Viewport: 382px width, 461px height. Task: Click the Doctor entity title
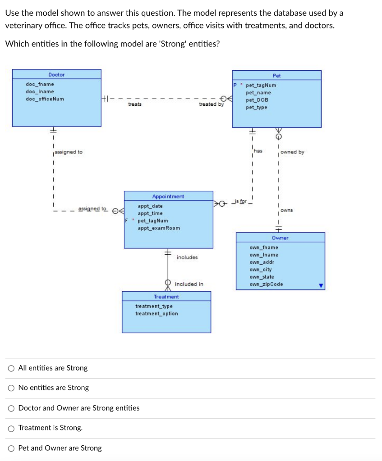click(56, 75)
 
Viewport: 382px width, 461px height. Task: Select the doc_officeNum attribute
click(45, 99)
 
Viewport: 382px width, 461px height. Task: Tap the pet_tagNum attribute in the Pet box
click(261, 85)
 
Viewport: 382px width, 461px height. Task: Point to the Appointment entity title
click(168, 197)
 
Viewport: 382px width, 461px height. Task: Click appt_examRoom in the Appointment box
click(159, 228)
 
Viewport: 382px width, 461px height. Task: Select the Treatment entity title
click(166, 297)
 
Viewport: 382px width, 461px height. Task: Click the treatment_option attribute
click(156, 314)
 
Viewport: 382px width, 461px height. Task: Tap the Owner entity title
click(280, 238)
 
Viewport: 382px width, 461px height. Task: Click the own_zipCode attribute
click(266, 285)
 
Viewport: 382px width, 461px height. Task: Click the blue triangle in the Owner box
click(321, 285)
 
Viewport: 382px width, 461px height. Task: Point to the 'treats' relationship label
click(134, 104)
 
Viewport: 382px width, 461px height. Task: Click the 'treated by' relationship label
click(211, 104)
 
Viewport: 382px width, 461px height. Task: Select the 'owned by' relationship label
click(292, 152)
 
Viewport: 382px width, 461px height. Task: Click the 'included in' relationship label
click(189, 284)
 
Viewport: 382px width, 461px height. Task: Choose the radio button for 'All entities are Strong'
click(11, 368)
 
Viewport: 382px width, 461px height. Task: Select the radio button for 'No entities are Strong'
click(11, 388)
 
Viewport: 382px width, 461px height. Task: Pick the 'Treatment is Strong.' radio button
click(11, 428)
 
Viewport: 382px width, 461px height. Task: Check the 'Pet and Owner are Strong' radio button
click(11, 448)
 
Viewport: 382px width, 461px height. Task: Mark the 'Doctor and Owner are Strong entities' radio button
click(11, 408)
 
